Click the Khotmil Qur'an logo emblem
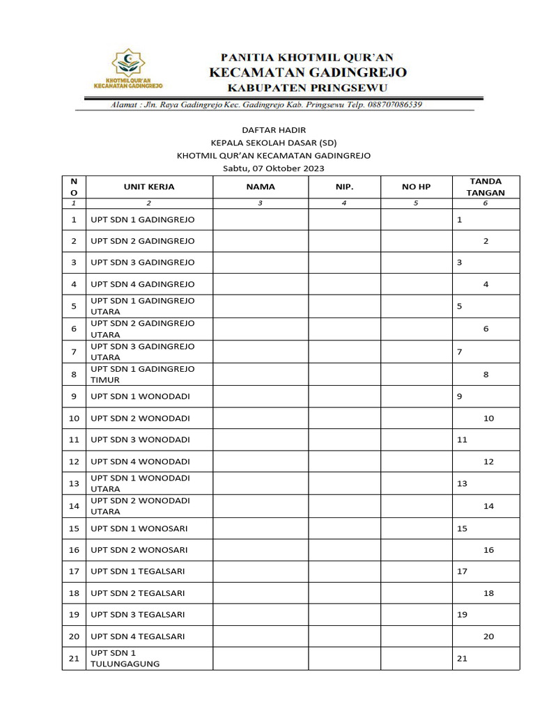click(x=128, y=63)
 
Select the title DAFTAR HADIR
click(x=273, y=130)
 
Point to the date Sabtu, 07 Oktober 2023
click(x=273, y=169)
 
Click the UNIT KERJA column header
click(x=149, y=187)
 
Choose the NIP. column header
click(x=344, y=187)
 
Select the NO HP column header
click(x=416, y=187)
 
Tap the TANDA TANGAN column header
click(x=486, y=187)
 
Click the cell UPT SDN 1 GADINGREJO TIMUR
click(x=143, y=375)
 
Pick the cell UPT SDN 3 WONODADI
click(x=140, y=440)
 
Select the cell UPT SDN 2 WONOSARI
click(x=139, y=550)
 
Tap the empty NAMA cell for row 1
click(x=261, y=219)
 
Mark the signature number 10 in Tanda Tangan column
click(x=488, y=418)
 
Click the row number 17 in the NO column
click(x=74, y=572)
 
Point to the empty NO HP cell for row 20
click(x=416, y=636)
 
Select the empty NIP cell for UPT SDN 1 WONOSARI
click(x=344, y=528)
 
